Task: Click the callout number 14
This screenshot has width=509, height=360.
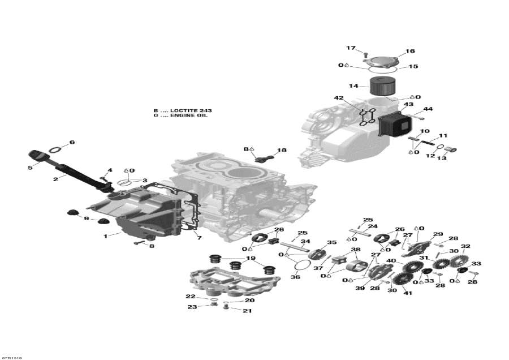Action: click(353, 86)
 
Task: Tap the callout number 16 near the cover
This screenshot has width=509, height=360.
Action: click(410, 51)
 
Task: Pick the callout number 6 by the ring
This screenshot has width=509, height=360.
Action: click(72, 142)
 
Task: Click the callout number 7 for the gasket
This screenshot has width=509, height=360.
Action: click(199, 238)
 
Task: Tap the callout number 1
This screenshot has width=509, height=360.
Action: click(105, 236)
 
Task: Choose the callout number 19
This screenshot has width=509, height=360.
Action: click(251, 258)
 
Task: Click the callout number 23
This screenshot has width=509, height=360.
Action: click(193, 307)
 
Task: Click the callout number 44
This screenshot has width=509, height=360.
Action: click(428, 109)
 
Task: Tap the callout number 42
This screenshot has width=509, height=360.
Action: click(339, 98)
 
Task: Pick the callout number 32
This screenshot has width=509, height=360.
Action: click(465, 246)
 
